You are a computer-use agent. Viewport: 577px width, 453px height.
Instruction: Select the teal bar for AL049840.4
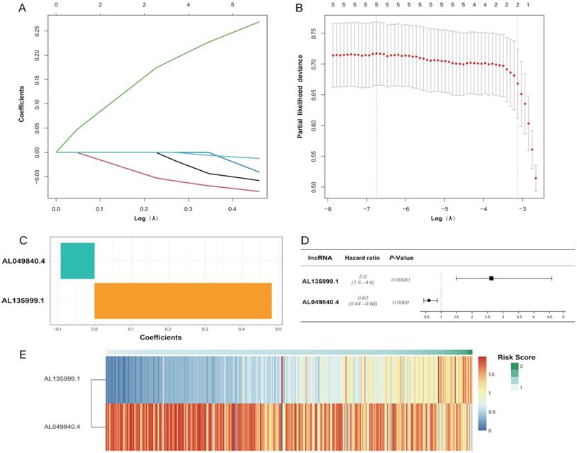tap(77, 260)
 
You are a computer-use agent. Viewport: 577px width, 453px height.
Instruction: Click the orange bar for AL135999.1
tap(183, 301)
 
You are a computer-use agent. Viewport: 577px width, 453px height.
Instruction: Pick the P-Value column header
tap(403, 258)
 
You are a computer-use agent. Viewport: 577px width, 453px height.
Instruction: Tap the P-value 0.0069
tap(401, 302)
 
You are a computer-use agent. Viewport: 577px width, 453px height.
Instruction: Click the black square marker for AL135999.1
tap(491, 279)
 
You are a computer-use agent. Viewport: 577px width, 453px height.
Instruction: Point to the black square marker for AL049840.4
tap(429, 301)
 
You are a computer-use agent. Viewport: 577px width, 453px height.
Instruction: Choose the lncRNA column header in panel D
tap(316, 258)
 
